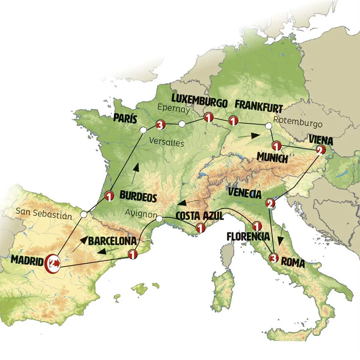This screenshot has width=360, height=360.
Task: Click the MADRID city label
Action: (x=26, y=260)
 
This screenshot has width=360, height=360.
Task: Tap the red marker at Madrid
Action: (x=54, y=263)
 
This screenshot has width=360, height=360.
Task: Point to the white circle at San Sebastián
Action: (x=83, y=215)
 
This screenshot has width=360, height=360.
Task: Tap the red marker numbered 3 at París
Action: (x=160, y=125)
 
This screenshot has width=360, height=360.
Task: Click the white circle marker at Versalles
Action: (x=143, y=130)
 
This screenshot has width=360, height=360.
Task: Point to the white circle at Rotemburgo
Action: (x=268, y=126)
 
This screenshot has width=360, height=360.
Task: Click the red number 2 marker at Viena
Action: (x=320, y=150)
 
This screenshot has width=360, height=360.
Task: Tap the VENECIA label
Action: (x=244, y=194)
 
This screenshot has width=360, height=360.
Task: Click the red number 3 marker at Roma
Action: (x=273, y=257)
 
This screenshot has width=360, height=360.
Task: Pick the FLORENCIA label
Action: (x=248, y=236)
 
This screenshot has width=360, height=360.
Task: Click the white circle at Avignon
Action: (x=159, y=219)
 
